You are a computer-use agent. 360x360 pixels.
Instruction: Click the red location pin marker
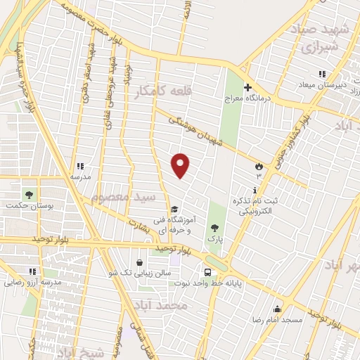pyautogui.click(x=181, y=165)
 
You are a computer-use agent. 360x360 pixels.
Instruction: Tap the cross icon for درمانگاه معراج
pyautogui.click(x=247, y=87)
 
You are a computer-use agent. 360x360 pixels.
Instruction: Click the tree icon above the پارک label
pyautogui.click(x=214, y=227)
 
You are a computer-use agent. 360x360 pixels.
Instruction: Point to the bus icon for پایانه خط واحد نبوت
pyautogui.click(x=207, y=272)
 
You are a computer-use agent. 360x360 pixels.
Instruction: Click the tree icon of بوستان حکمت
pyautogui.click(x=29, y=194)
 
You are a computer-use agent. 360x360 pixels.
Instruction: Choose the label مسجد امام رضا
pyautogui.click(x=278, y=320)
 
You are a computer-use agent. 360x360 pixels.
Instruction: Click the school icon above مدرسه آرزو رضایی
pyautogui.click(x=32, y=271)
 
